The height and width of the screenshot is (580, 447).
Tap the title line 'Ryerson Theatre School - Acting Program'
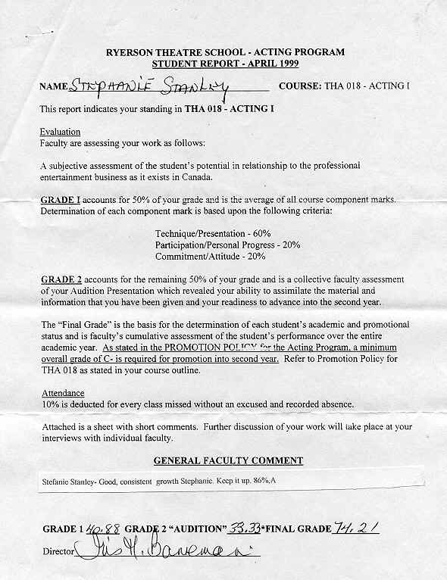(x=226, y=52)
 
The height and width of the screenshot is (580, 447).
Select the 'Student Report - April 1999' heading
(x=226, y=64)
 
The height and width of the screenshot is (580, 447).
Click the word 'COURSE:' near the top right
(x=300, y=86)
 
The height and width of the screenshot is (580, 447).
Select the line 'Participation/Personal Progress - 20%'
(x=228, y=245)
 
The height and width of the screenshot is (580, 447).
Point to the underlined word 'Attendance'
(x=61, y=394)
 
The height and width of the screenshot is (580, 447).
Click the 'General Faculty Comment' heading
(x=228, y=460)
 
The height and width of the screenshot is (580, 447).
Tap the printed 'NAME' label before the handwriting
(x=53, y=87)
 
